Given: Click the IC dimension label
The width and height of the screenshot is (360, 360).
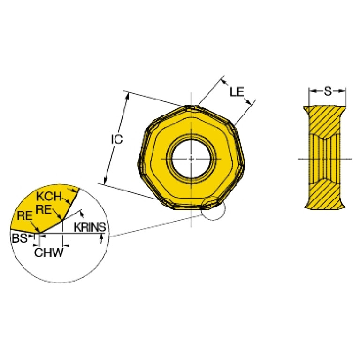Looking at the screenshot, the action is tap(116, 139).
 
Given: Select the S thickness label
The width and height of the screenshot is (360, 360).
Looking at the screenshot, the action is tap(327, 90).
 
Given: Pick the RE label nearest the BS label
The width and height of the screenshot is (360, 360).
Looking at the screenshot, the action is tap(24, 216).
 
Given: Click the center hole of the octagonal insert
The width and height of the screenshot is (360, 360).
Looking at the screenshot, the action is tap(191, 158).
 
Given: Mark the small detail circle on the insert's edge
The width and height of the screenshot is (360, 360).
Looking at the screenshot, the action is tap(213, 209).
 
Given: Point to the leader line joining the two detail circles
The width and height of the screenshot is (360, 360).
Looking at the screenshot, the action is tap(155, 223).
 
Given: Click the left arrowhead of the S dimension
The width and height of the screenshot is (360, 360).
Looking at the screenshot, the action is tap(311, 90).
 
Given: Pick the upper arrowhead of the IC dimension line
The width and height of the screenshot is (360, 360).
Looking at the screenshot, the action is tap(127, 95).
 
